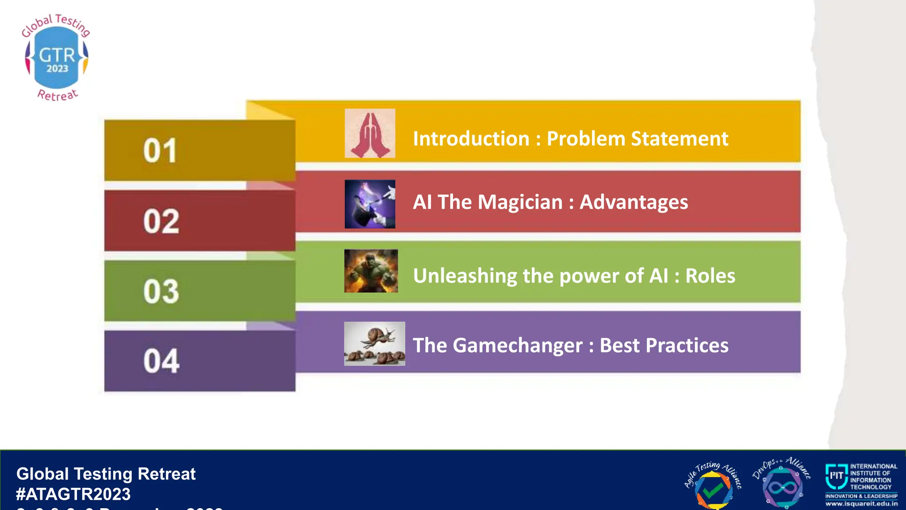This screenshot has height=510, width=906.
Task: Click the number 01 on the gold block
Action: pyautogui.click(x=160, y=151)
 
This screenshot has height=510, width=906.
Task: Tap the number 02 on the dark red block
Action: pyautogui.click(x=161, y=221)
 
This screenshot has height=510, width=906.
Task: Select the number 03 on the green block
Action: pyautogui.click(x=161, y=292)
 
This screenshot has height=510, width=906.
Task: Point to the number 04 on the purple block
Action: pyautogui.click(x=161, y=361)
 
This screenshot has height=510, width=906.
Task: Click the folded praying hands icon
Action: pyautogui.click(x=370, y=134)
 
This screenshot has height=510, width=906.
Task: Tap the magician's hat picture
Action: pyautogui.click(x=370, y=204)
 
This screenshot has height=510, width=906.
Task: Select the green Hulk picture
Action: pyautogui.click(x=371, y=271)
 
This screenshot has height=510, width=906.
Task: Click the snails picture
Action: pyautogui.click(x=374, y=344)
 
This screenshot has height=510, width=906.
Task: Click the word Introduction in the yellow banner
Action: pyautogui.click(x=471, y=139)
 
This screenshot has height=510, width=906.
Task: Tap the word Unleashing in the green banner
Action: pyautogui.click(x=465, y=276)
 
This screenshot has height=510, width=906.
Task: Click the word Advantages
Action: pyautogui.click(x=633, y=202)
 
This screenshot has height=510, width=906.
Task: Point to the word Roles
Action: pyautogui.click(x=710, y=276)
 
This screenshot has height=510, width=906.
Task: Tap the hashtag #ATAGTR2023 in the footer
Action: pyautogui.click(x=73, y=494)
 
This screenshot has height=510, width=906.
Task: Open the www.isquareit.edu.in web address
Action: pyautogui.click(x=861, y=504)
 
